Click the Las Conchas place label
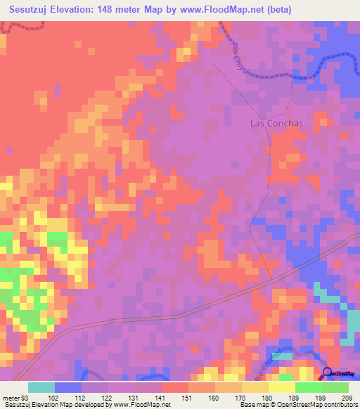pos(276,123)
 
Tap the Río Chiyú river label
pos(238,56)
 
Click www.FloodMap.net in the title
pos(216,10)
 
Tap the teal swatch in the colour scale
pos(41,387)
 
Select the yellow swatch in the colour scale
pos(281,387)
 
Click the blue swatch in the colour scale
pos(68,387)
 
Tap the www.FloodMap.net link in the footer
pos(141,405)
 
